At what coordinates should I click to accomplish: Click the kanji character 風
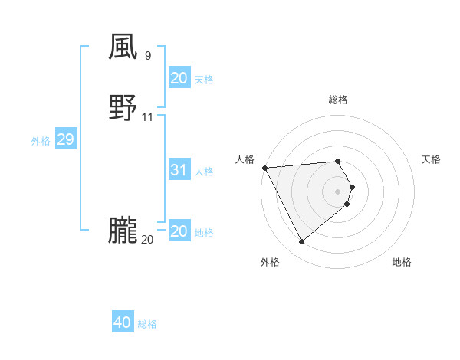tap(123, 47)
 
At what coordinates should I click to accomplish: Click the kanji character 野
tap(123, 108)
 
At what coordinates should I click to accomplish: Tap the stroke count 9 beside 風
tap(147, 55)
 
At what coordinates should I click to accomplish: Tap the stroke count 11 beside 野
tap(148, 117)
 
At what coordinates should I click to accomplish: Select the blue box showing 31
tap(179, 170)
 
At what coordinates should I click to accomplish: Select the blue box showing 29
tap(65, 140)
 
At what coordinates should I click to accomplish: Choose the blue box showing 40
tap(123, 322)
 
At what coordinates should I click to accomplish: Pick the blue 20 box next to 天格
tap(179, 78)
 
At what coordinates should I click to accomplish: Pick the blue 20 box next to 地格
tap(179, 231)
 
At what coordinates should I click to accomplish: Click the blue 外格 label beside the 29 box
tap(41, 141)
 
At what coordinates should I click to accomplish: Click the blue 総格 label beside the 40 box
tap(148, 324)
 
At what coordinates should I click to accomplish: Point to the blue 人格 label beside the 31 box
tap(205, 172)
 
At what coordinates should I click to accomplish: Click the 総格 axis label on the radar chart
tap(338, 100)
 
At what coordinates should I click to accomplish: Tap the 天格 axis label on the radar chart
tap(432, 159)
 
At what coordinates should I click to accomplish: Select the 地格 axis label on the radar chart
tap(402, 263)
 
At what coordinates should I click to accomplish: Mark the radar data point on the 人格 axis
tap(264, 168)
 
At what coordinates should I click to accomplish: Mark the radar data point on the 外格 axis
tap(301, 242)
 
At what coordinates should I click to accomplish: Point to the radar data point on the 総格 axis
tap(338, 161)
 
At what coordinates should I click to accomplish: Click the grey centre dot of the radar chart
tap(338, 191)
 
